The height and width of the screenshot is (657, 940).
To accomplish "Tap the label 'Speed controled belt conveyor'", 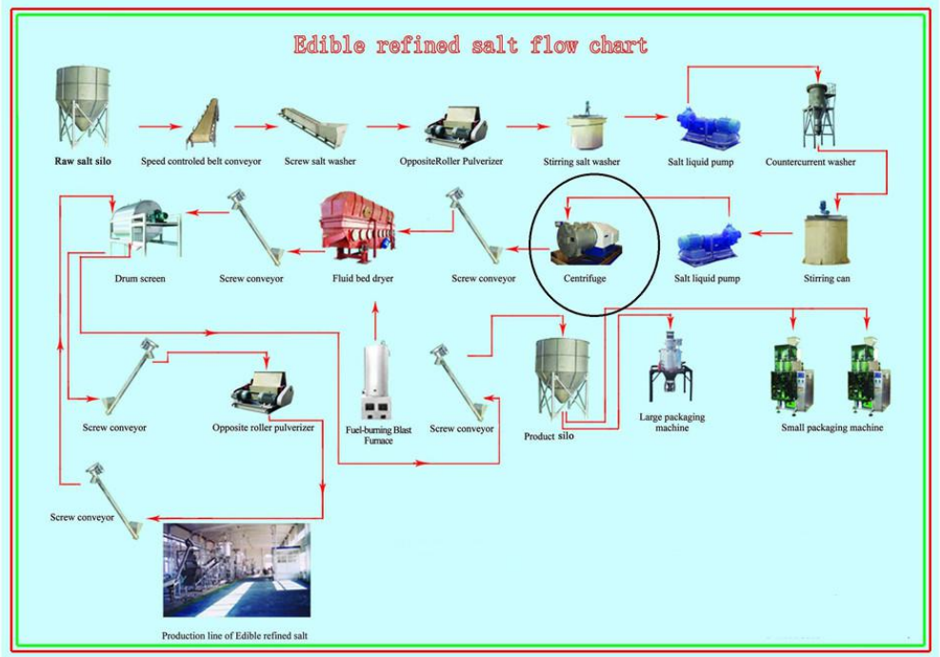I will (201, 162).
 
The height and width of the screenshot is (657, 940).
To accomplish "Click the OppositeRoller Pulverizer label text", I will (451, 162).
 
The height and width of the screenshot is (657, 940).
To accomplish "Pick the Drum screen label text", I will (139, 279).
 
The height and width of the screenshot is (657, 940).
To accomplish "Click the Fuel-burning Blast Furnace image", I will (378, 386).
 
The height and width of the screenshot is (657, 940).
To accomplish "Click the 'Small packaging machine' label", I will (831, 428).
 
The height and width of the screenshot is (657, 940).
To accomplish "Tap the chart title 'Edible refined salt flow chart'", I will (470, 45).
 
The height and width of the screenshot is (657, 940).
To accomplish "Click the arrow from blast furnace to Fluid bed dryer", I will (378, 319).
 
